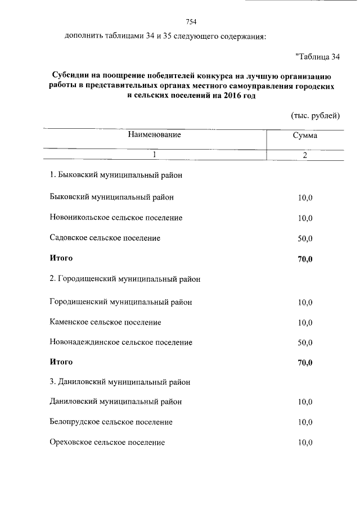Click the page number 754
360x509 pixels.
tap(191, 22)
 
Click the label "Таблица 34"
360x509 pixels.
tap(317, 57)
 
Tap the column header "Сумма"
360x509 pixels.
tap(305, 136)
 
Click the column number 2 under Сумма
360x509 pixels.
tap(305, 155)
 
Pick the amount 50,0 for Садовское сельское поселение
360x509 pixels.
tap(305, 238)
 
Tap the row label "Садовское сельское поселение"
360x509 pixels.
tap(105, 238)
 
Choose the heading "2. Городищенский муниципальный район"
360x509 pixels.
tap(125, 278)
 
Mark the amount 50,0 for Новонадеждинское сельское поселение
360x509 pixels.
tap(305, 343)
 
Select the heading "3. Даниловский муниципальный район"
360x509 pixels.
tap(120, 382)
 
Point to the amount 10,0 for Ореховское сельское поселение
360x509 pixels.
tap(305, 443)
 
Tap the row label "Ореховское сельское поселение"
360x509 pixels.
tap(107, 443)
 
